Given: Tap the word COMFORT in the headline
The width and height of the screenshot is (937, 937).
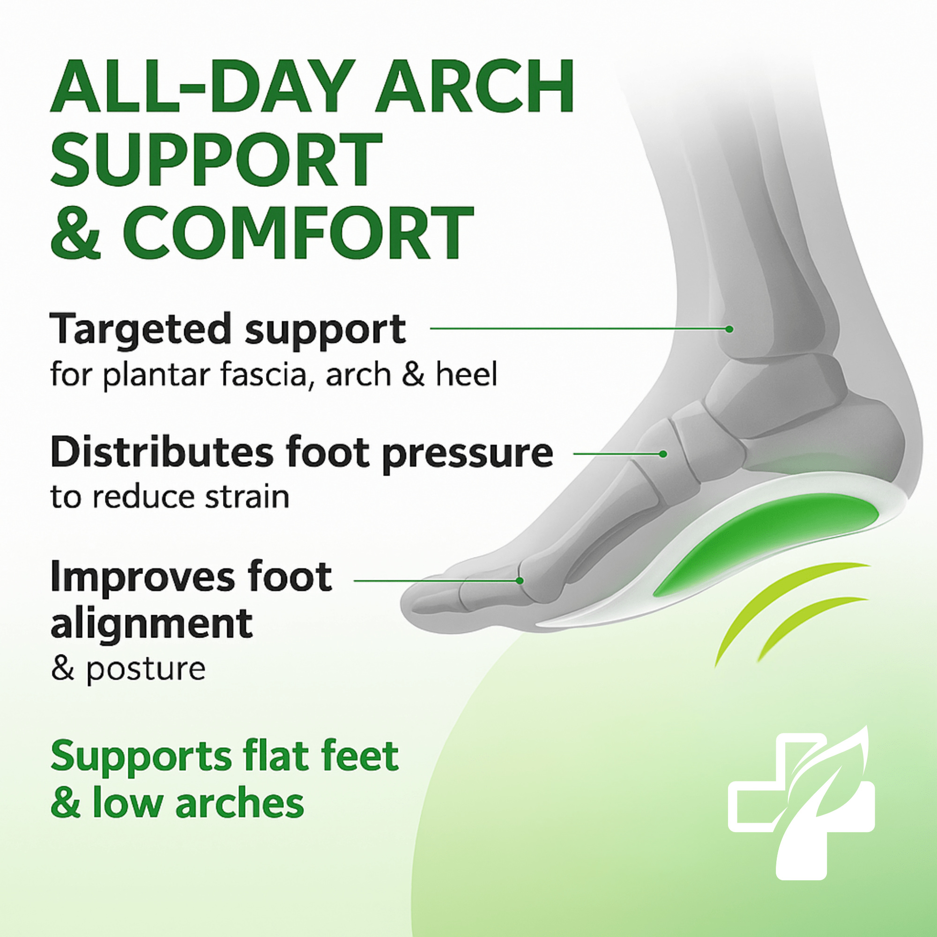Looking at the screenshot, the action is pos(298,233).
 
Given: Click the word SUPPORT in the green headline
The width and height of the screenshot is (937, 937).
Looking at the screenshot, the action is pos(216,160).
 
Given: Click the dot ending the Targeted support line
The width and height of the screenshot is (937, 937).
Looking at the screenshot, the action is pos(729,329).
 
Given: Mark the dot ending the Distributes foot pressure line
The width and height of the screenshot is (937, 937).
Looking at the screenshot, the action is pos(663,454).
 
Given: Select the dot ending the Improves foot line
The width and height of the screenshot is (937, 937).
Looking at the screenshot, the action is pos(520,580).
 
